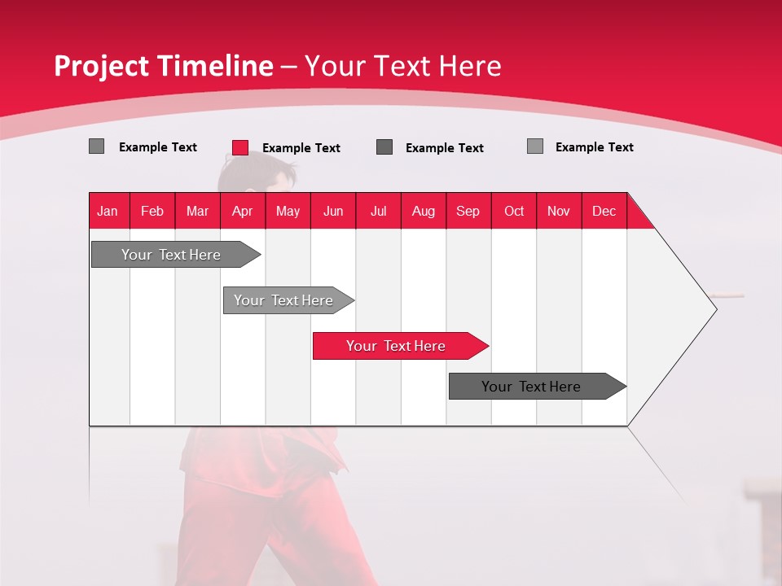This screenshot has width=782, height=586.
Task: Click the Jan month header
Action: click(x=108, y=211)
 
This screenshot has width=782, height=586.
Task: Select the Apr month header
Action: click(x=242, y=211)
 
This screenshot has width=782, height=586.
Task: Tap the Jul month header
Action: click(x=378, y=211)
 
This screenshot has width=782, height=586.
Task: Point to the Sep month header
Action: click(x=468, y=211)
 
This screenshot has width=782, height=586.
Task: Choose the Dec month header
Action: click(x=604, y=211)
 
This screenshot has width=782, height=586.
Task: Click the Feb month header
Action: click(x=152, y=211)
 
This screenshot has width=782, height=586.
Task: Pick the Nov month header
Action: click(x=558, y=211)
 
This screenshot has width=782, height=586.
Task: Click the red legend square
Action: click(x=240, y=147)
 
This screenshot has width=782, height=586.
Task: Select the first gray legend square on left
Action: click(x=96, y=146)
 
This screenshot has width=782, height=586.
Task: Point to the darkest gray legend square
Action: click(x=384, y=146)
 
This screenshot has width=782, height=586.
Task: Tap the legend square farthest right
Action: click(x=534, y=146)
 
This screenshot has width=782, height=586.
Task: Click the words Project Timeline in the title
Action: click(x=163, y=66)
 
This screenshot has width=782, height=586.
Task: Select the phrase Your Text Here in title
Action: click(x=402, y=66)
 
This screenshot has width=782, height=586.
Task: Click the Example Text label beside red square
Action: click(x=301, y=148)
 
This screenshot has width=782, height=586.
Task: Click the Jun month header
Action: click(x=333, y=211)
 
